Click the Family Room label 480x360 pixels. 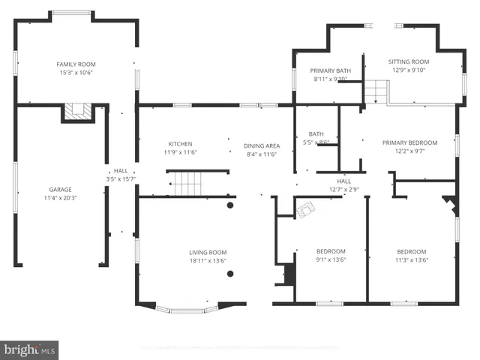pyautogui.click(x=76, y=64)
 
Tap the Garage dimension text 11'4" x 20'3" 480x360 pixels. pyautogui.click(x=61, y=198)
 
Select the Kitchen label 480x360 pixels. pyautogui.click(x=180, y=144)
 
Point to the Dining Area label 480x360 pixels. pyautogui.click(x=262, y=145)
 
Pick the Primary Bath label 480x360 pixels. pyautogui.click(x=331, y=70)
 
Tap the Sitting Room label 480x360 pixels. pyautogui.click(x=409, y=61)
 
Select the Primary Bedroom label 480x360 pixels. pyautogui.click(x=409, y=142)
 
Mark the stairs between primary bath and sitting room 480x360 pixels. pyautogui.click(x=375, y=92)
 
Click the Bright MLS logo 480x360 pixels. pyautogui.click(x=30, y=349)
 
